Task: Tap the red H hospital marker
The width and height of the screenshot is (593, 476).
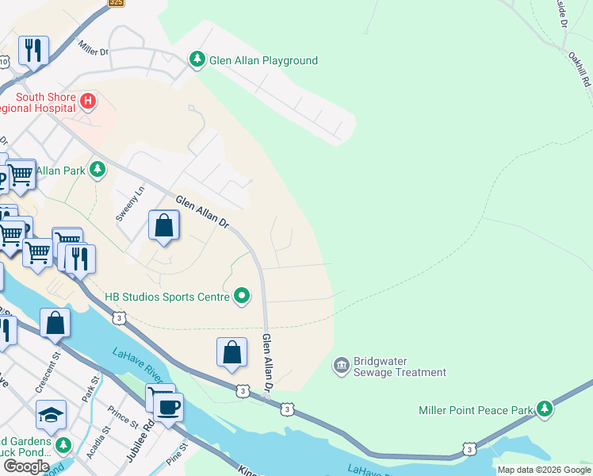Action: pyautogui.click(x=89, y=102)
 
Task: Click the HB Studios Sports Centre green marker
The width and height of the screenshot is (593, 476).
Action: pyautogui.click(x=242, y=297)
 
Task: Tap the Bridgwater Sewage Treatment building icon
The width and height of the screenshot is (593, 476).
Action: pyautogui.click(x=341, y=366)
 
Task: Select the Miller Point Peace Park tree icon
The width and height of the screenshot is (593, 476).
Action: pyautogui.click(x=544, y=409)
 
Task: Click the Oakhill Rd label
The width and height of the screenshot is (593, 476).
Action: pyautogui.click(x=580, y=70)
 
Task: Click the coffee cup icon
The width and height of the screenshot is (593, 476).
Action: pyautogui.click(x=168, y=407)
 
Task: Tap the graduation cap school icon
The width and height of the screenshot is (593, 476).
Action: pyautogui.click(x=51, y=414)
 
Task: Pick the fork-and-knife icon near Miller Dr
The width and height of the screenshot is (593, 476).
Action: pyautogui.click(x=33, y=50)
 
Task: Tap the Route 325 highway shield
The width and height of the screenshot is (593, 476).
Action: pyautogui.click(x=117, y=3)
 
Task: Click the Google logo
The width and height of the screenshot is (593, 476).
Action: pyautogui.click(x=26, y=466)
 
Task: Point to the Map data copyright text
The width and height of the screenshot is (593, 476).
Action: pyautogui.click(x=544, y=470)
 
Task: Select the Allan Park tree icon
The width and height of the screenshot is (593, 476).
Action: pyautogui.click(x=98, y=170)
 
